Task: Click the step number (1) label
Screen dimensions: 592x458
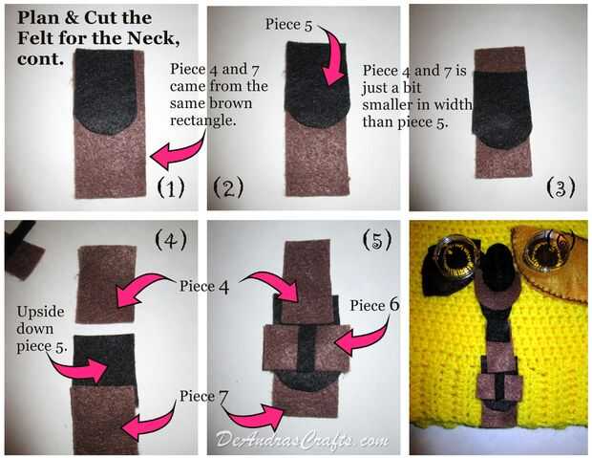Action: pyautogui.click(x=171, y=187)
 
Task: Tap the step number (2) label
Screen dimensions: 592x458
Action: pyautogui.click(x=228, y=187)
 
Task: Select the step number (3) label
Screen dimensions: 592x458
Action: pyautogui.click(x=561, y=187)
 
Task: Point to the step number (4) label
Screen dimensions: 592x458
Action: pyautogui.click(x=171, y=240)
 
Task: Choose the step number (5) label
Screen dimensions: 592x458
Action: pyautogui.click(x=377, y=240)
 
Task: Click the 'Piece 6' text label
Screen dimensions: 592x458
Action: pyautogui.click(x=374, y=305)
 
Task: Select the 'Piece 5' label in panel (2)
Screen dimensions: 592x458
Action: pyautogui.click(x=288, y=25)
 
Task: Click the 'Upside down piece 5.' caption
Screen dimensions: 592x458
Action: pyautogui.click(x=41, y=329)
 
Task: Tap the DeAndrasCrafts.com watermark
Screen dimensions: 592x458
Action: pyautogui.click(x=302, y=440)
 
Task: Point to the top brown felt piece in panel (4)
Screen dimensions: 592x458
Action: pyautogui.click(x=106, y=284)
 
